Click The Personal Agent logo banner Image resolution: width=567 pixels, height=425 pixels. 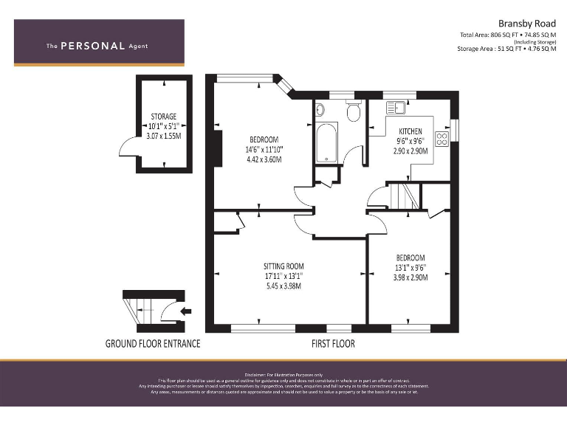coord(99,43)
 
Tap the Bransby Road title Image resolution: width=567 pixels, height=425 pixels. coord(528,23)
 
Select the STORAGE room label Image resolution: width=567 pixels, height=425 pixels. coord(163,117)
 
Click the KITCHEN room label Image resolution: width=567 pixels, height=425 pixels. coord(410,131)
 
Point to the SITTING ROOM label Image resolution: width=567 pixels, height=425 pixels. coord(283,266)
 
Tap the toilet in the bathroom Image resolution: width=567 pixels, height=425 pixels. coord(353,112)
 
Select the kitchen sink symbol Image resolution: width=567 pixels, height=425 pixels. coord(395,108)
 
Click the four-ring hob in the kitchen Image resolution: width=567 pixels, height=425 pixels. coord(443,138)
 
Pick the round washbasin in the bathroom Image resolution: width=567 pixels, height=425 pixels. coord(320,110)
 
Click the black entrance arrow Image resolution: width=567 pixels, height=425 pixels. coord(185,311)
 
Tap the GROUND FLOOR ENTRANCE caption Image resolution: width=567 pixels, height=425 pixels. coord(153,344)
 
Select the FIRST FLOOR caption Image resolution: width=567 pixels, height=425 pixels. coord(333,344)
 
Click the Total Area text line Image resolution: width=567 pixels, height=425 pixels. coord(508,35)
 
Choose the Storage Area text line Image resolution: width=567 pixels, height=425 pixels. coord(507,49)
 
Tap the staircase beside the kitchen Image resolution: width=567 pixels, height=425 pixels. coord(404,196)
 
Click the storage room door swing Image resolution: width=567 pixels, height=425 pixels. coord(128,151)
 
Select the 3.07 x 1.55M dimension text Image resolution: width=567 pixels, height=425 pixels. coord(163,136)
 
